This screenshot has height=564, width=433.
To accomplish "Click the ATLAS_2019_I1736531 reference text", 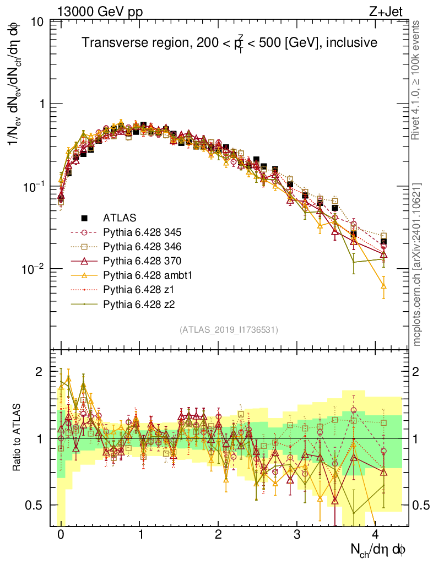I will click(x=229, y=330).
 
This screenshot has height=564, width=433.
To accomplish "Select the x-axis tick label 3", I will click(x=297, y=535).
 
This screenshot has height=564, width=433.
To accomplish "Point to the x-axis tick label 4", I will click(x=376, y=535).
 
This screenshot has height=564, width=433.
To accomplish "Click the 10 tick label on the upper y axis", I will click(x=38, y=23).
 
